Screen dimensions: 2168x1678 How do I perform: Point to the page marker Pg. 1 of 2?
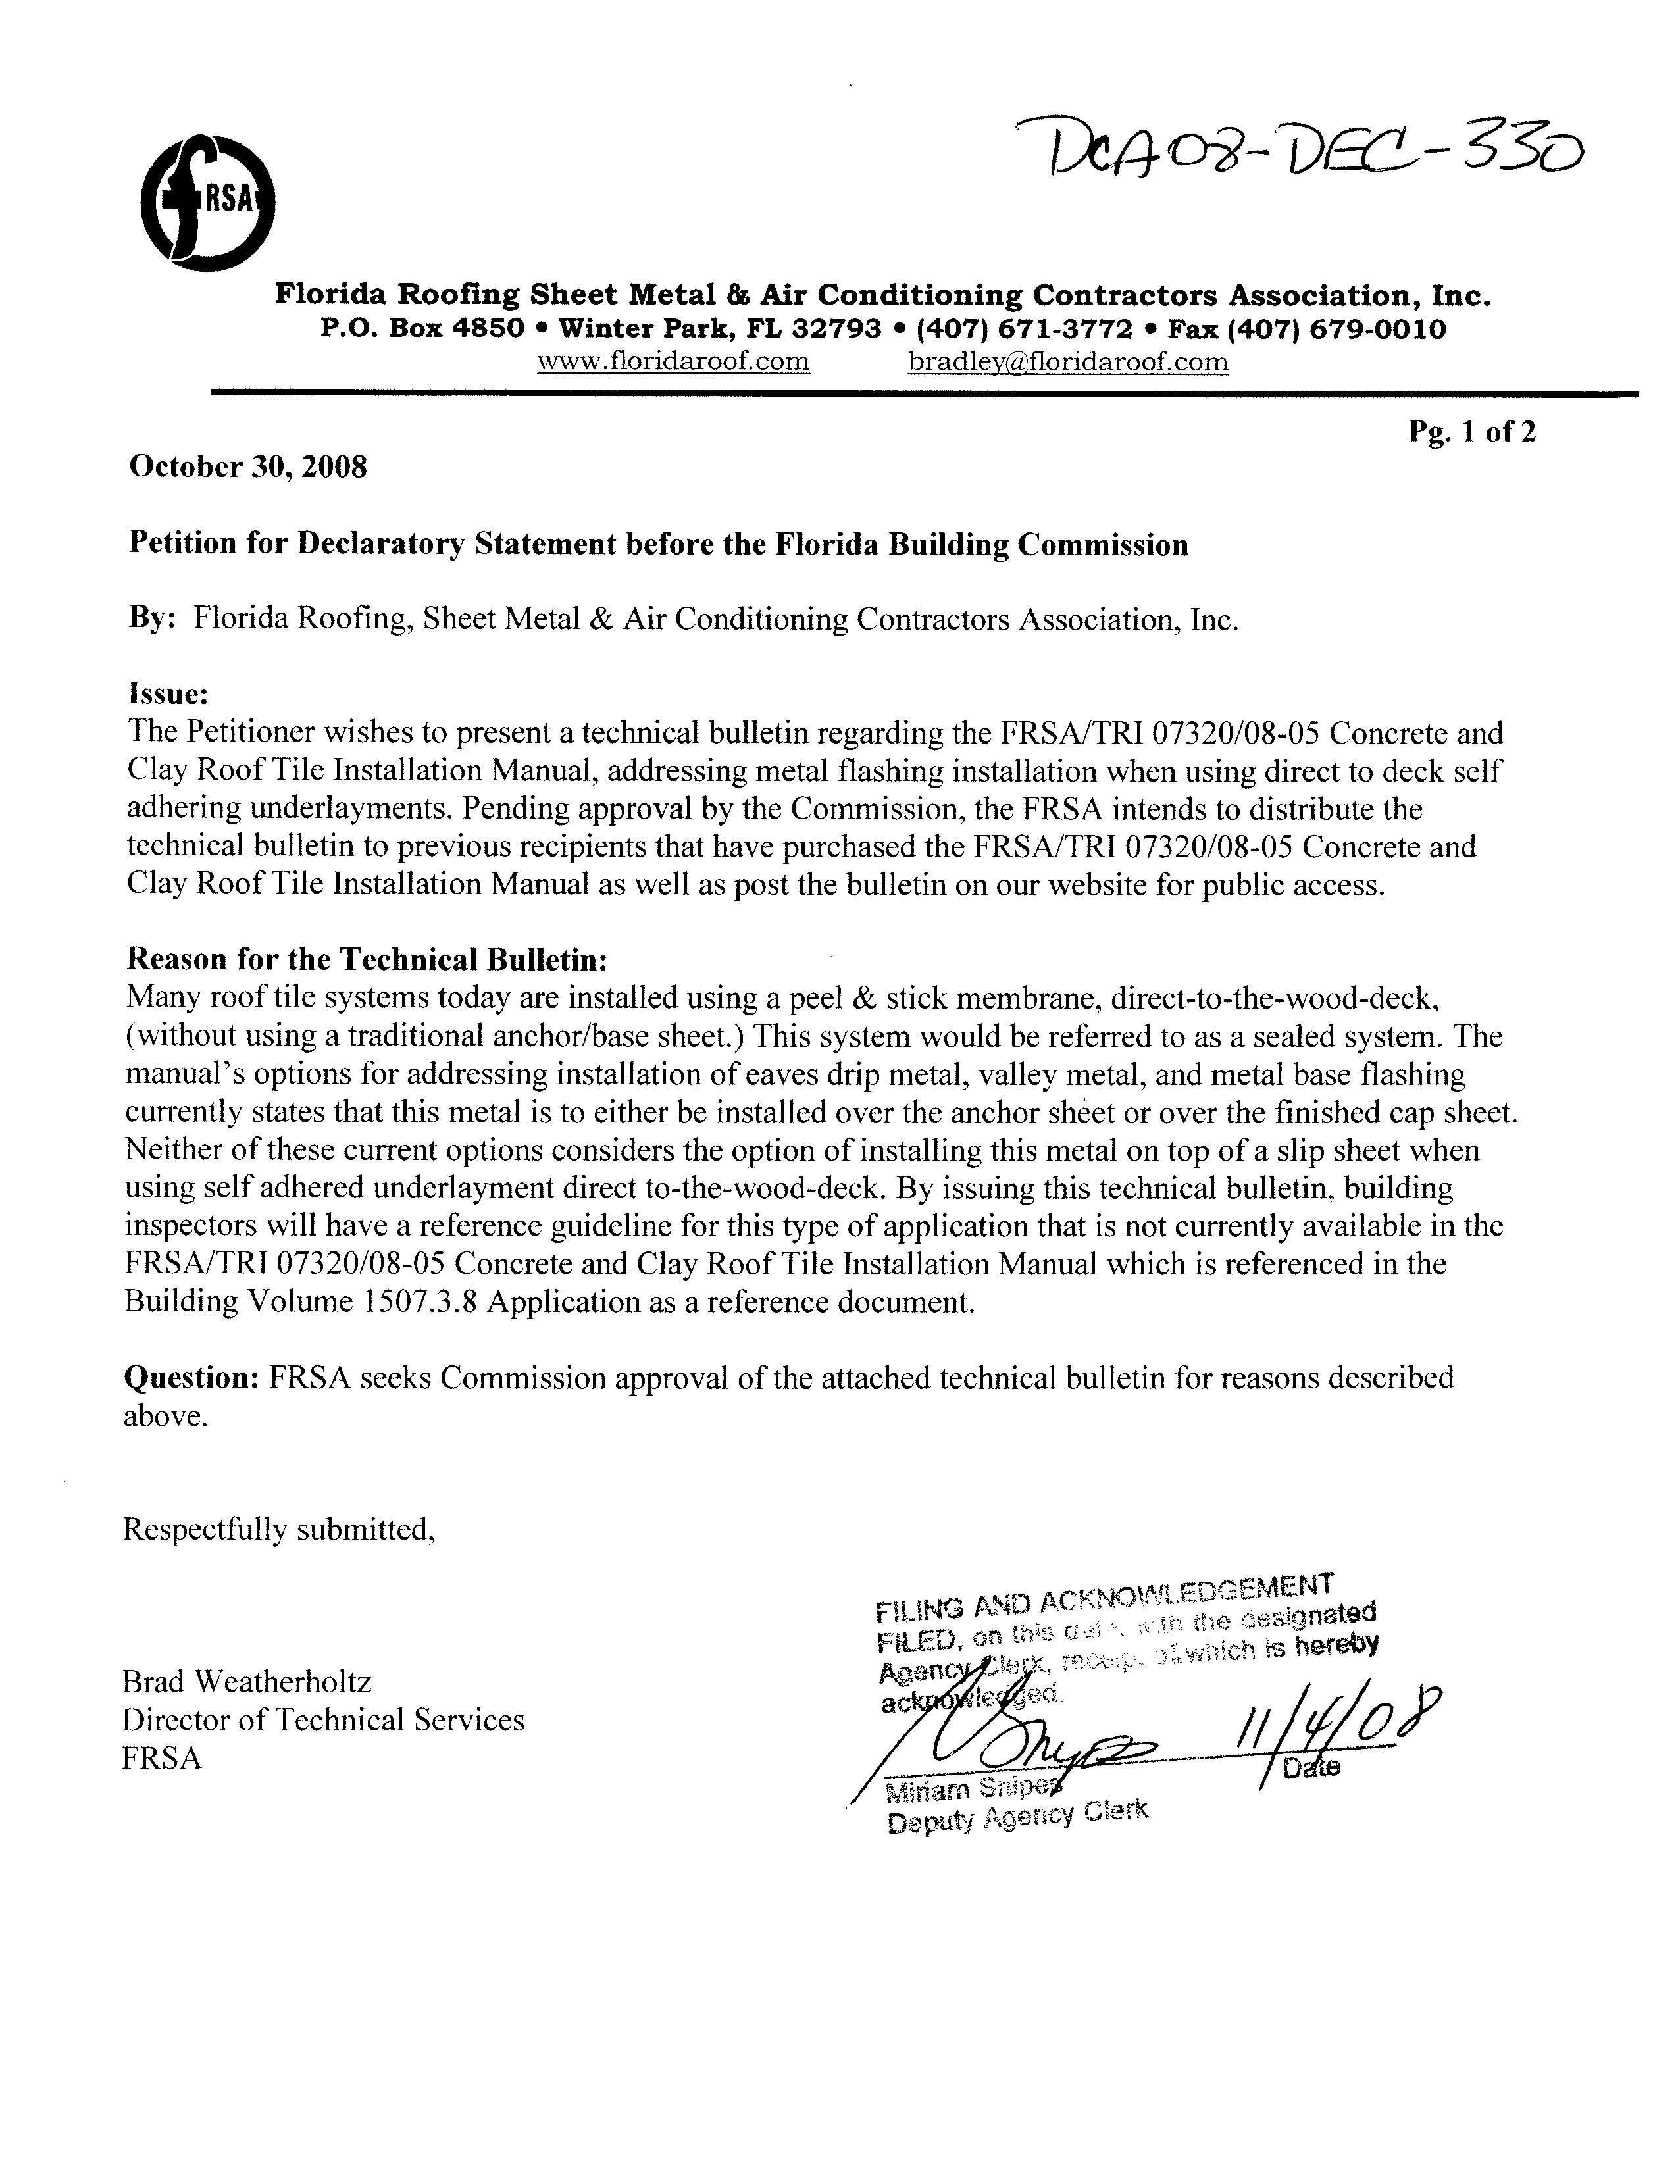tap(1471, 432)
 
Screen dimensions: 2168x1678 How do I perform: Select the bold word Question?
tap(191, 1378)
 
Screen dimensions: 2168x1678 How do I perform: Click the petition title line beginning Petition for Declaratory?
tap(658, 545)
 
